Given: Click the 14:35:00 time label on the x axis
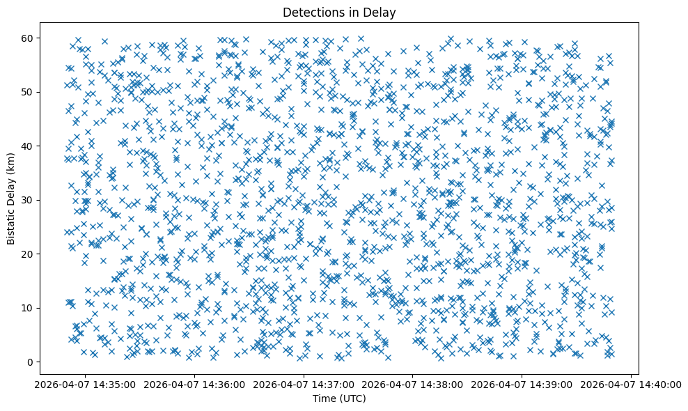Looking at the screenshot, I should point(86,385).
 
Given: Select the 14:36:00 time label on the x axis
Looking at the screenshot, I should point(195,385).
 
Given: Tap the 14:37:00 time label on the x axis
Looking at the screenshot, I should point(304,385).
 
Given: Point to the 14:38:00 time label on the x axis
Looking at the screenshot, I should point(413,385).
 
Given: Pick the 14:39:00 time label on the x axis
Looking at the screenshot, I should point(522,385).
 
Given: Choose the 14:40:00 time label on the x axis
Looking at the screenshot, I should point(631,385).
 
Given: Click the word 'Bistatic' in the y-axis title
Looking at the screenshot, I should point(11,226).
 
